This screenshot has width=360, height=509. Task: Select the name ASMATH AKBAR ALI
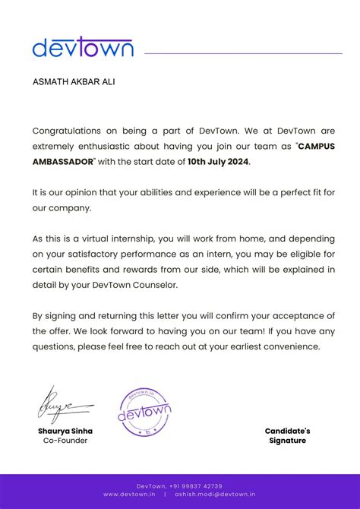coord(74,81)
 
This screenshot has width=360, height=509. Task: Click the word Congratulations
coord(65,131)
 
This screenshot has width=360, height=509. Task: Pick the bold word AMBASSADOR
coord(63,161)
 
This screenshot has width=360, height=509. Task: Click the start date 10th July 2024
coord(218,161)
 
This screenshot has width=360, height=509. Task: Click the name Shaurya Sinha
coord(65,431)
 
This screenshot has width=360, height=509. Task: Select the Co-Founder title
coord(65,441)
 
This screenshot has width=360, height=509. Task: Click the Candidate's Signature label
coord(287,435)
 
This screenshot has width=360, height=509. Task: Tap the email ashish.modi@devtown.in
coord(215,494)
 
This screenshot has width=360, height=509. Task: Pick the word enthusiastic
coord(111,146)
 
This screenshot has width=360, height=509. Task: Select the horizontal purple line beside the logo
coord(243,53)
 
